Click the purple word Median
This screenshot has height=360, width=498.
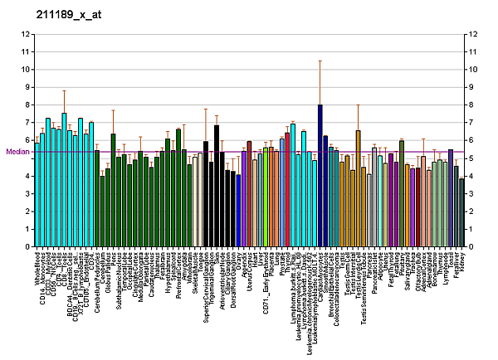17,152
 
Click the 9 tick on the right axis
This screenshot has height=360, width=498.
471,87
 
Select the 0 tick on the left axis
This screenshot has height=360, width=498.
27,247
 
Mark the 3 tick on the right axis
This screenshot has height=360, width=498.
471,194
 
